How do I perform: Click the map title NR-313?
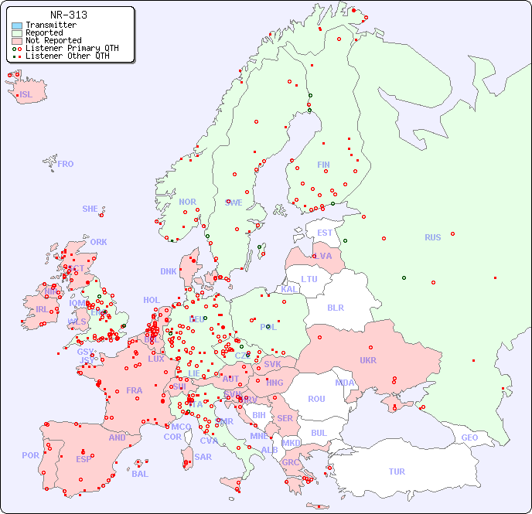point(68,15)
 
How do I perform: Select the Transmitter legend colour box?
point(17,26)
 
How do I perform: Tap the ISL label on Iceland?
point(26,95)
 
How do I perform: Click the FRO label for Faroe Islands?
point(66,164)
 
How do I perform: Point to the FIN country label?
point(323,165)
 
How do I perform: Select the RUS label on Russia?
point(432,237)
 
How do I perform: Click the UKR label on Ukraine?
point(367,360)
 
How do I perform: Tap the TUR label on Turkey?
point(397,471)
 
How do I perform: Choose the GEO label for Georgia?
point(469,437)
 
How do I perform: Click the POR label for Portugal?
point(30,455)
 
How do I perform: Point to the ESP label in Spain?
point(84,458)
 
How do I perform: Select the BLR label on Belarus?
point(335,307)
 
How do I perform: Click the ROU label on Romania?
point(316,399)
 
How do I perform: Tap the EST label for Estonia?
point(325,233)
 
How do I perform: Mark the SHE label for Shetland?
point(90,209)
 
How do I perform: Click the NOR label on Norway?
point(187,202)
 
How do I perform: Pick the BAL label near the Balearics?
point(139,474)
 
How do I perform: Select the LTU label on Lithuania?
point(309,279)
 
